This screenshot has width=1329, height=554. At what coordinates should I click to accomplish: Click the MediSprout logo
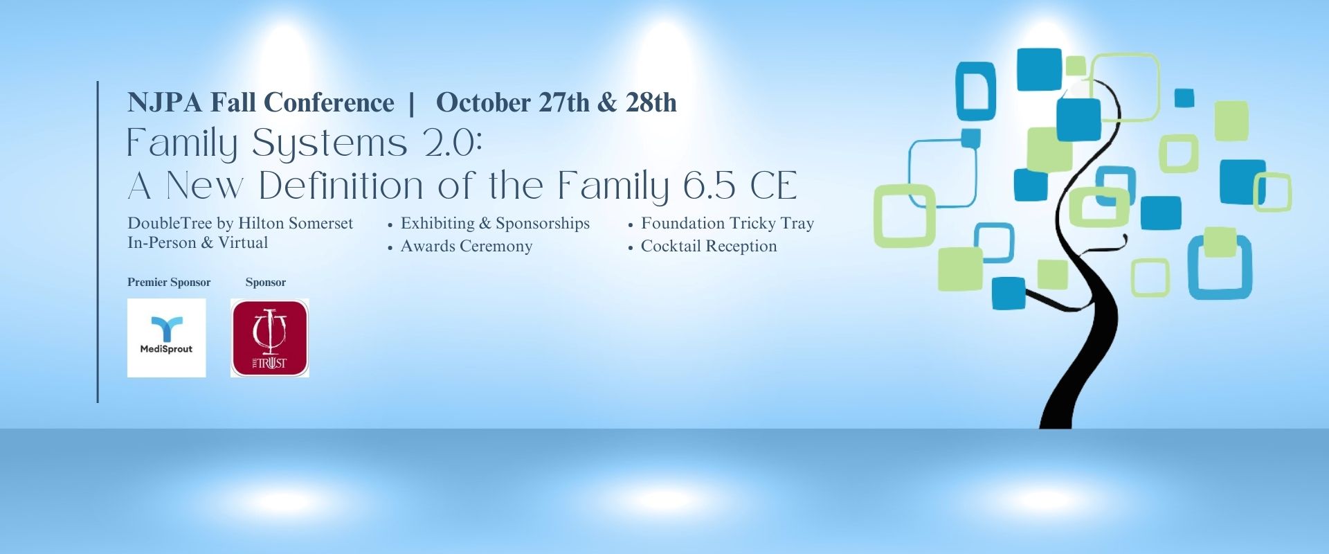[x=166, y=338]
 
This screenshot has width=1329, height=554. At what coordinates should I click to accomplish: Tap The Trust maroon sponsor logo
[x=270, y=338]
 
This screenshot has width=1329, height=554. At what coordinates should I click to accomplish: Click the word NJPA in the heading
[x=165, y=102]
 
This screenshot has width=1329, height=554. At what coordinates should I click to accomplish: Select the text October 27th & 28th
[x=556, y=102]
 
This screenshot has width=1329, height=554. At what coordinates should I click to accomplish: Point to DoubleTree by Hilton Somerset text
[x=240, y=223]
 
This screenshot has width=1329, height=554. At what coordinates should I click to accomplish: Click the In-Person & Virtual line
[x=197, y=242]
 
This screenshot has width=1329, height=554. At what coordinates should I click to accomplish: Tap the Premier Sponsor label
[x=169, y=282]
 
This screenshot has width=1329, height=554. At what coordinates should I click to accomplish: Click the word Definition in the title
[x=341, y=186]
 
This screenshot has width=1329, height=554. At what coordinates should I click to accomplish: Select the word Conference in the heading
[x=329, y=102]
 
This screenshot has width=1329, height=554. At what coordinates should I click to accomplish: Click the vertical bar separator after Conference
[x=412, y=103]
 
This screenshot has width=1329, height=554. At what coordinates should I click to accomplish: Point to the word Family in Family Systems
[x=182, y=144]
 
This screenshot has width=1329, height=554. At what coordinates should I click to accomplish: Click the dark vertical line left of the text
[x=98, y=242]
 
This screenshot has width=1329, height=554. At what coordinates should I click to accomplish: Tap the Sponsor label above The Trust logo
[x=265, y=282]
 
